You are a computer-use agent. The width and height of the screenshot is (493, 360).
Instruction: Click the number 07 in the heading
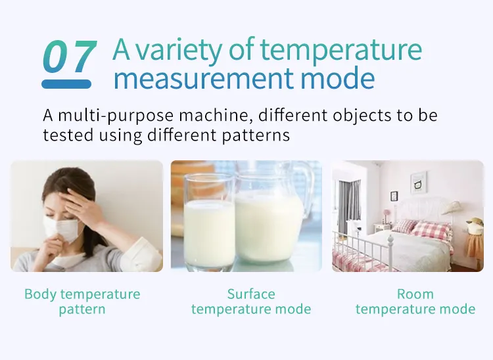69,56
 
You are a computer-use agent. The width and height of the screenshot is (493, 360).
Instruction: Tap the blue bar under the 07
66,84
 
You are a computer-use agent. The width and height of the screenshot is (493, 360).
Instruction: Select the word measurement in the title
203,79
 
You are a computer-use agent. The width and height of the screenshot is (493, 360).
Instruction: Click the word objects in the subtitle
362,116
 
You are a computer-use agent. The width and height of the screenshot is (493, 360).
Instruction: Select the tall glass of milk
209,222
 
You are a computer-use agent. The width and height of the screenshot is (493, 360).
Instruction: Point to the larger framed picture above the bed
419,183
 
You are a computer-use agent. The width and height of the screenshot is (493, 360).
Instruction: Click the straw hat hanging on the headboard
452,208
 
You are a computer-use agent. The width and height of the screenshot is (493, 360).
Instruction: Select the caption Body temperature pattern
82,302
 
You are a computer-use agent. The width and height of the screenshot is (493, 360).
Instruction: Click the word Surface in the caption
251,294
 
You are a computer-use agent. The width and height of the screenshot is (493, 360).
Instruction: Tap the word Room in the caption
415,294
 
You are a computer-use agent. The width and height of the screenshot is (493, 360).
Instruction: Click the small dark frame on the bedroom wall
394,196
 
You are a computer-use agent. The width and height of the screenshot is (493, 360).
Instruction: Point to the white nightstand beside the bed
382,227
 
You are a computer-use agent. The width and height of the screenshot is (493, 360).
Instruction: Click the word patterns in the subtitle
256,135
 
